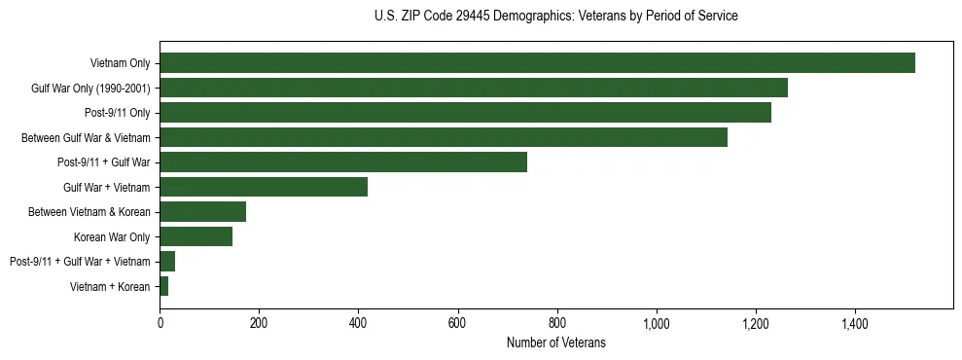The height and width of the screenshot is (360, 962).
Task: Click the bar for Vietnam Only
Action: [537, 63]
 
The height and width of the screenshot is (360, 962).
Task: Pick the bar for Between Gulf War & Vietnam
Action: [444, 138]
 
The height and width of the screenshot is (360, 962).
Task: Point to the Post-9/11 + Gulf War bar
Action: [343, 162]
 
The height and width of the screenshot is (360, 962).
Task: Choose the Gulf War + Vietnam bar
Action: [264, 188]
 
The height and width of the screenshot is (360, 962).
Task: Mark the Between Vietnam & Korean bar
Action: [203, 212]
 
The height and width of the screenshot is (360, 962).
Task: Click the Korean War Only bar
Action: [196, 236]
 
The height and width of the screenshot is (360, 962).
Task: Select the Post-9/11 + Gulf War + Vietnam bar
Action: [167, 262]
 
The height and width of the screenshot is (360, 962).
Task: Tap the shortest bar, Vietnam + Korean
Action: [164, 286]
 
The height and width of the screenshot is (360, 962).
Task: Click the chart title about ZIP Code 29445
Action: [555, 17]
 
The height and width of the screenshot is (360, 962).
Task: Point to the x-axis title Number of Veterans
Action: [555, 342]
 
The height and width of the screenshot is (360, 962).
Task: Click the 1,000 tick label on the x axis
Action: [657, 323]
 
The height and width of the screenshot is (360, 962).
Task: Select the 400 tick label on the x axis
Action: [359, 323]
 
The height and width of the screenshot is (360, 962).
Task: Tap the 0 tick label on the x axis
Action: [160, 323]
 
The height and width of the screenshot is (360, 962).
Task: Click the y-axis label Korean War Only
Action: [112, 236]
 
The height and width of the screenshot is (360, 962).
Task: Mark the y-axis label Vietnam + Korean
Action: [110, 286]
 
